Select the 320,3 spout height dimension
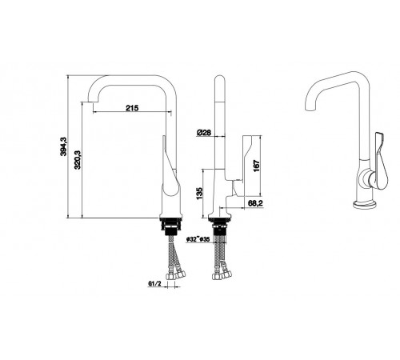coord(78,159)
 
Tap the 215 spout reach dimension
coord(132,108)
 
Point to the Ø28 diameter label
coord(204,133)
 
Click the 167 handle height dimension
coord(256,166)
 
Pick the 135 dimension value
coord(199,194)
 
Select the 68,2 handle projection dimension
coord(255,203)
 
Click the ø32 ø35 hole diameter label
coord(198,239)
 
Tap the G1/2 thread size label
coord(154,284)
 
